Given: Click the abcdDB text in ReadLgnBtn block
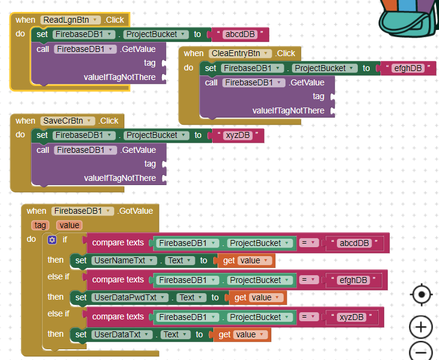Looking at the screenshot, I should [x=239, y=34].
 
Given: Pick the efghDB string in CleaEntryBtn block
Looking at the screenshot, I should [x=407, y=68].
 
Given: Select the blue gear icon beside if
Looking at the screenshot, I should [x=52, y=239].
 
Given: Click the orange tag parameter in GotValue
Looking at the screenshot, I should [x=40, y=225].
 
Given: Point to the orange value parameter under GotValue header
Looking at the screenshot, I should [x=69, y=225].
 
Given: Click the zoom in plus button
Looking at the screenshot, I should [x=421, y=327].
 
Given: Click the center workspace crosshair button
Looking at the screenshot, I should [x=421, y=294].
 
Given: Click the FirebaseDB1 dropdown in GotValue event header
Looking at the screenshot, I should [x=82, y=211].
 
